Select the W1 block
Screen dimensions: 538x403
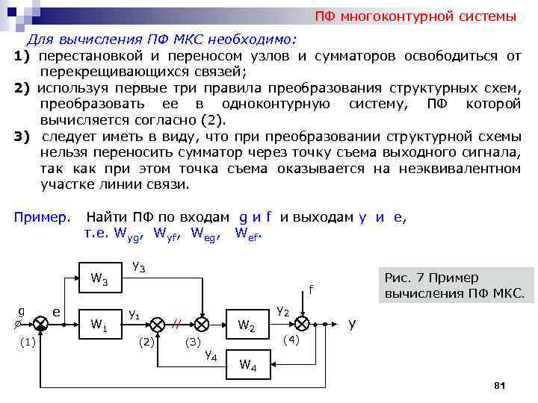99,325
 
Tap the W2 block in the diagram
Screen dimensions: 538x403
247,325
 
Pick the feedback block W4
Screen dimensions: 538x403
247,365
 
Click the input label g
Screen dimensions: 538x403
21,310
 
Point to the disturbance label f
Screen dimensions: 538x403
311,289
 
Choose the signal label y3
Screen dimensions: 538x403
138,266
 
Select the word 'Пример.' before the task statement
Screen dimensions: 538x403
42,217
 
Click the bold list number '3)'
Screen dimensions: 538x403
22,137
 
